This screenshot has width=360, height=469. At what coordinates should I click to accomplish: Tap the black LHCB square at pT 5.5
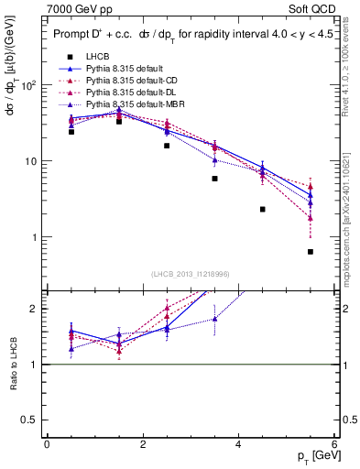[x=311, y=252]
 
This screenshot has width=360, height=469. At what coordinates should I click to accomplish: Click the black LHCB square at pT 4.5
[x=262, y=210]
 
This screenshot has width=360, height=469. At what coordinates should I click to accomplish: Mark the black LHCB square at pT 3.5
[x=214, y=179]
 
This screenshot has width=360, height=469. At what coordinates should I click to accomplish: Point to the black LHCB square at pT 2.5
[x=167, y=146]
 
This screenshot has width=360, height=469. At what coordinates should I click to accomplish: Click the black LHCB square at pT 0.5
[x=71, y=132]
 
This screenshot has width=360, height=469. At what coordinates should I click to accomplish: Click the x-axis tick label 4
[x=238, y=444]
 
